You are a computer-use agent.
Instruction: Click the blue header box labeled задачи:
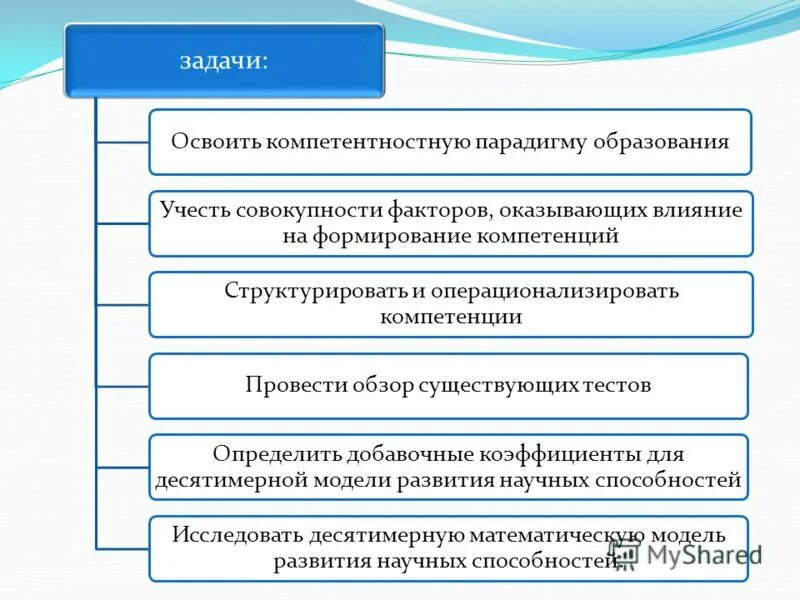224,60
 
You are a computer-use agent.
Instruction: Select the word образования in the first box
668,141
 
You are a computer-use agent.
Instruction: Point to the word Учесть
195,211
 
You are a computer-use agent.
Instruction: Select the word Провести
290,385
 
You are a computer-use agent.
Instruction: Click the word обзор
373,385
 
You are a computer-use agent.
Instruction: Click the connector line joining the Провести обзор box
122,385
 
